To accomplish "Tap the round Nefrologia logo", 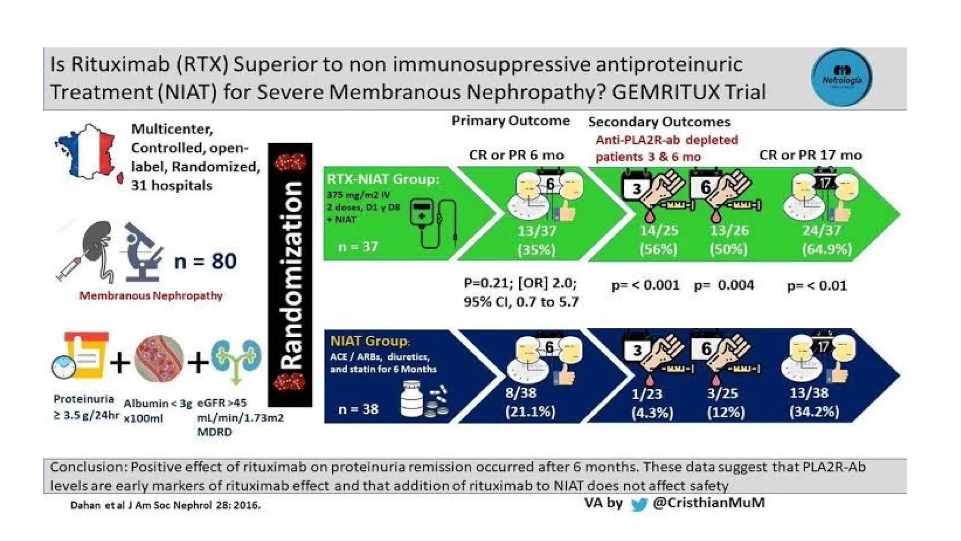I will pyautogui.click(x=841, y=77).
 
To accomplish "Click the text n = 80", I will pyautogui.click(x=205, y=261).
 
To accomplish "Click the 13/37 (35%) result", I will pyautogui.click(x=536, y=240).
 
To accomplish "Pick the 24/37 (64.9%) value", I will pyautogui.click(x=826, y=240).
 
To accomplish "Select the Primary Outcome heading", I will pyautogui.click(x=510, y=121).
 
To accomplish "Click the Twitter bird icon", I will pyautogui.click(x=639, y=505).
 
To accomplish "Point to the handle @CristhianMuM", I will pyautogui.click(x=709, y=503).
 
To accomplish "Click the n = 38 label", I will pyautogui.click(x=358, y=409).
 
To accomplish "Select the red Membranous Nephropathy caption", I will pyautogui.click(x=151, y=296).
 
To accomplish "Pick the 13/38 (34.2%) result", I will pyautogui.click(x=814, y=402).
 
